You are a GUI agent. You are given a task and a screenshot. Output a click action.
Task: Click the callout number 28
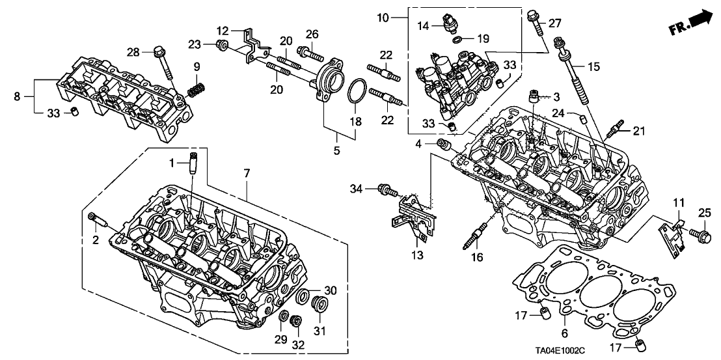133,52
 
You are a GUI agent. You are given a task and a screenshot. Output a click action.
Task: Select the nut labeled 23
221,45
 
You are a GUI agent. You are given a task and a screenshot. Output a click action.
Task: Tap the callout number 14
423,27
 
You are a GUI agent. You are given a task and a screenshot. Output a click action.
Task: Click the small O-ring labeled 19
458,39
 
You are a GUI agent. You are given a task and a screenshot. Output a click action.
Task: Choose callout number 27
554,23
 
